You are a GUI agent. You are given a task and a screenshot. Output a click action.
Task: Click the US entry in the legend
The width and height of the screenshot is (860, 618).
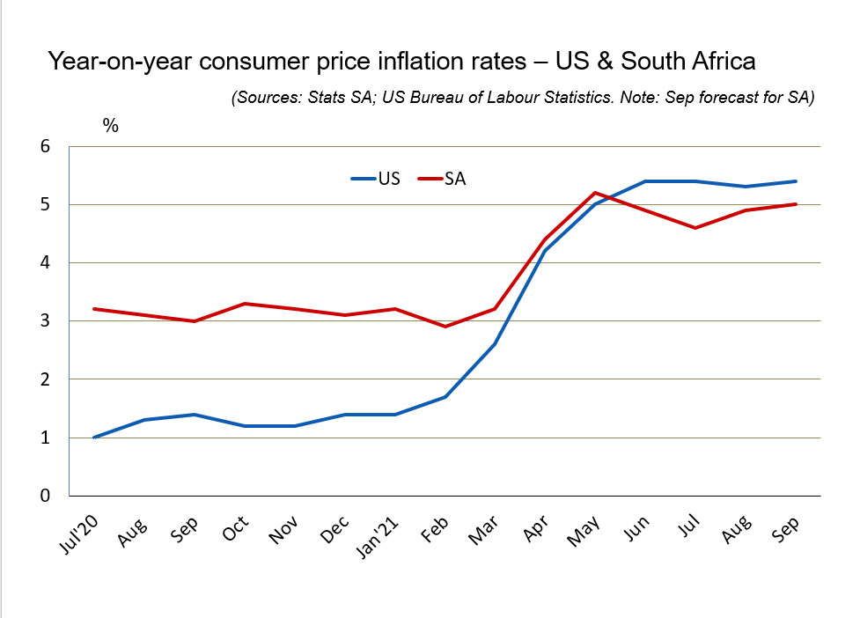376,179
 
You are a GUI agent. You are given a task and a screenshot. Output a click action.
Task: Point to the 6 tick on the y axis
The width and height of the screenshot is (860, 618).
45,147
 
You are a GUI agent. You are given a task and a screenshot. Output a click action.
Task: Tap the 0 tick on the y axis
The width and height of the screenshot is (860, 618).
45,496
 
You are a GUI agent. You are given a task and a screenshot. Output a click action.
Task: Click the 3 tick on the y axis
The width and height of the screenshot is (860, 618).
45,321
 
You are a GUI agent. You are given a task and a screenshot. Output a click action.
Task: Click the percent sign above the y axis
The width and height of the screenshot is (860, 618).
110,125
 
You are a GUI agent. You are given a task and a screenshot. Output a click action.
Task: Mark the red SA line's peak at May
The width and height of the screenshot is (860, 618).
596,193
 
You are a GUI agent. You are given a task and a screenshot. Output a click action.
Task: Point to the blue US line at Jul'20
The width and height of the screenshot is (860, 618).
94,437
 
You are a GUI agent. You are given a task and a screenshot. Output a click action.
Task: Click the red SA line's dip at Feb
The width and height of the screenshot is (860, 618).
445,327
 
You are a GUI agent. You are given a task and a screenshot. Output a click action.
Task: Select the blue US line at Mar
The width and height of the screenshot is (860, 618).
495,343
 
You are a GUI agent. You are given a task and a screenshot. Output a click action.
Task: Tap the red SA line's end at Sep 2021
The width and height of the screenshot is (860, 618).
796,204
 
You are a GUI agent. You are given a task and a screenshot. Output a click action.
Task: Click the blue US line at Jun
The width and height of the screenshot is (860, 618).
646,181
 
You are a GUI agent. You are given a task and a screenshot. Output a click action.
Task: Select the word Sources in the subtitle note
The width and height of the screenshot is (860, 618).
268,98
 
